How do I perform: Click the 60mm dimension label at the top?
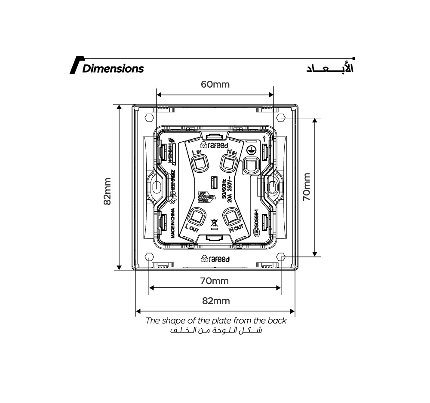(x=215, y=84)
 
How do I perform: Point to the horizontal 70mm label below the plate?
(x=214, y=281)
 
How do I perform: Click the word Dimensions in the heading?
(x=113, y=68)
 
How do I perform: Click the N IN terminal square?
(x=228, y=163)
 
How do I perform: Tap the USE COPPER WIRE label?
(x=203, y=197)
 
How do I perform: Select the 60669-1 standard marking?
(x=257, y=222)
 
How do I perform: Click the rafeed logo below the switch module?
(x=215, y=259)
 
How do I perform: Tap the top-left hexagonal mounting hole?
(x=149, y=117)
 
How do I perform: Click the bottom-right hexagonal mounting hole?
(x=281, y=257)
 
